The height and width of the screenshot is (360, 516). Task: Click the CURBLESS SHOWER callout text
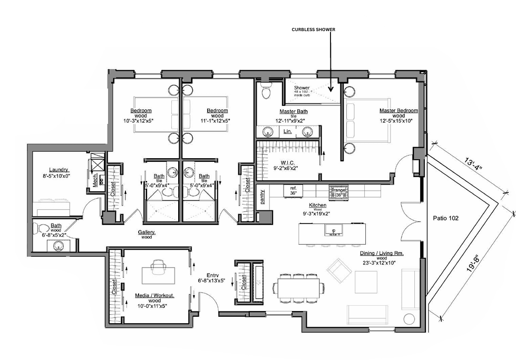click(x=314, y=30)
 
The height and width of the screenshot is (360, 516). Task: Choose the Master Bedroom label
click(x=398, y=111)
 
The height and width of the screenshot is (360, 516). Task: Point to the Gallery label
click(x=147, y=232)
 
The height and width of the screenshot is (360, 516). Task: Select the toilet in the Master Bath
click(x=266, y=92)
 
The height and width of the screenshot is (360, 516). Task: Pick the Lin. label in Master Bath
click(x=287, y=131)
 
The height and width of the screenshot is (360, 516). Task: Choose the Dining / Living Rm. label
click(x=376, y=254)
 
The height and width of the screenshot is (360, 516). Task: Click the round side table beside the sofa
click(x=409, y=318)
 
